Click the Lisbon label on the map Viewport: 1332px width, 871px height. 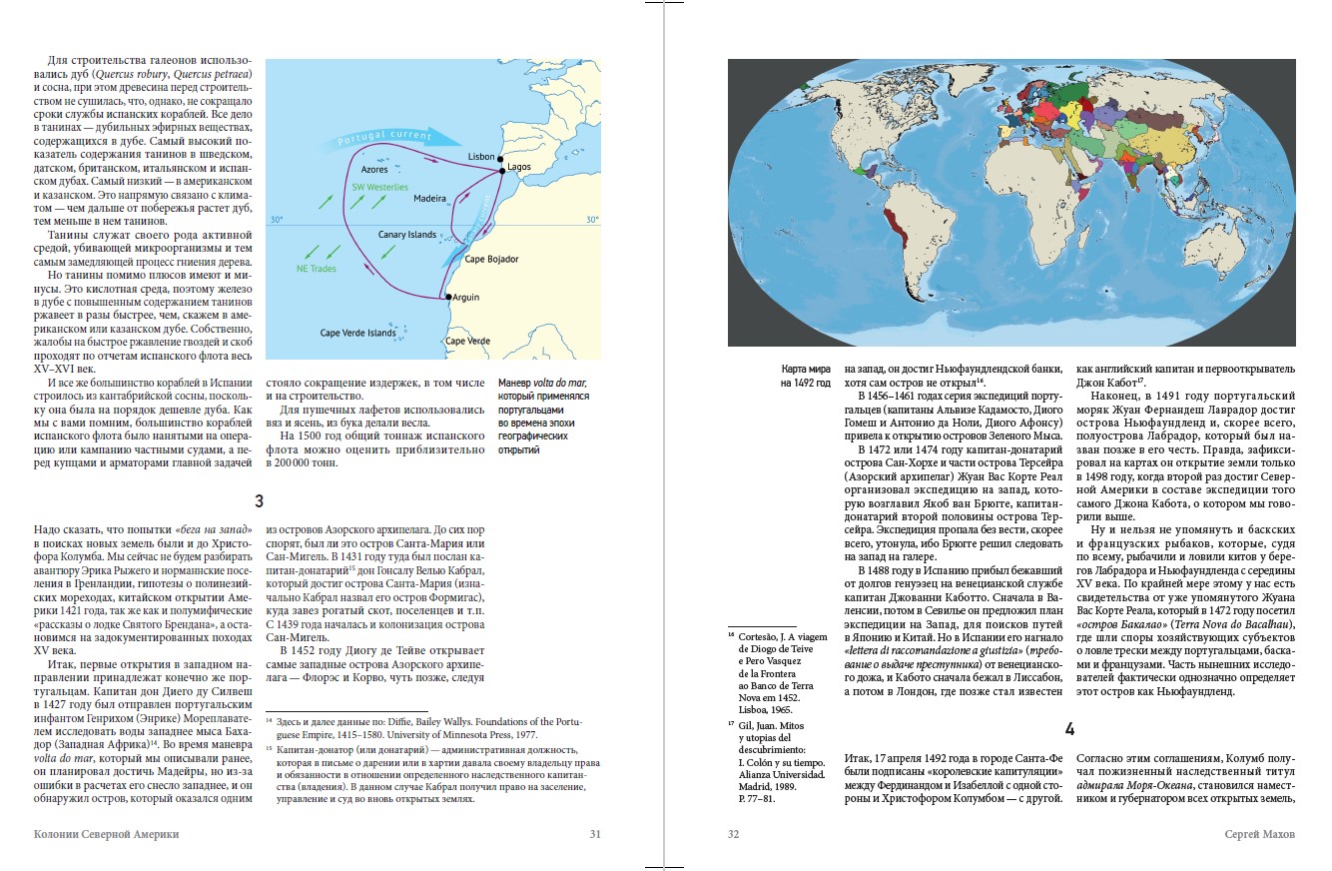(x=481, y=157)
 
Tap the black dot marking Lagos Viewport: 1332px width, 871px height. (x=503, y=172)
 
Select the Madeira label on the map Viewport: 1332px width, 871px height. (x=430, y=199)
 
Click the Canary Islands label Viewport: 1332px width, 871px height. (x=407, y=235)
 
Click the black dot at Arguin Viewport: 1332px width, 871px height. (x=448, y=298)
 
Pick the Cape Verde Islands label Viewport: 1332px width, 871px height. (x=357, y=333)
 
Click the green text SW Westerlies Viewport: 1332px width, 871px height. (x=379, y=187)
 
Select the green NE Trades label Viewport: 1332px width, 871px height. (x=317, y=269)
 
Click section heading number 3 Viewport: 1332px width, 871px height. (x=259, y=500)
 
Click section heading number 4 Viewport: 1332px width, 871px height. (x=1069, y=728)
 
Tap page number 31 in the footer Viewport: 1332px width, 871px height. (x=595, y=834)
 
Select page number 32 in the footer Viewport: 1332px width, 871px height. (x=736, y=834)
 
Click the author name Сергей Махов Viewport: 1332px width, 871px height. (x=1260, y=834)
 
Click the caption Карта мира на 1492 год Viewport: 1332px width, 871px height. (x=806, y=375)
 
